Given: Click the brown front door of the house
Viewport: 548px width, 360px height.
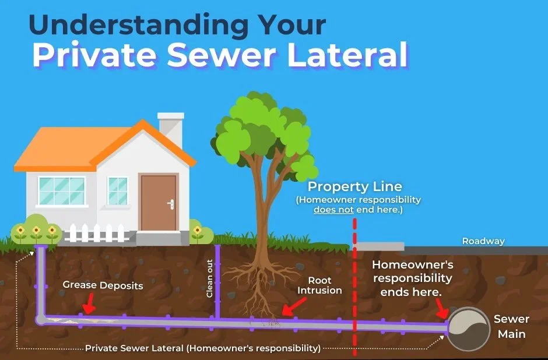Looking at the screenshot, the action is tap(159, 202).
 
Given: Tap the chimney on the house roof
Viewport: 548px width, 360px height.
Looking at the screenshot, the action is tap(170, 129).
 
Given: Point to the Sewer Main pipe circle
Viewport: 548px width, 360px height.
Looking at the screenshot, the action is tap(469, 329).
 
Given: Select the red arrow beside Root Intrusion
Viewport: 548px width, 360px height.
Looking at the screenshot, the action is tap(293, 305).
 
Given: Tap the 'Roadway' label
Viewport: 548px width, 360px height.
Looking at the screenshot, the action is tap(483, 241).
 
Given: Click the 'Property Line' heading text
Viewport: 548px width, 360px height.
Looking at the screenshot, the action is tap(354, 187).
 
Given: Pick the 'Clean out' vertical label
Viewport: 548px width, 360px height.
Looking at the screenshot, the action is tap(210, 278).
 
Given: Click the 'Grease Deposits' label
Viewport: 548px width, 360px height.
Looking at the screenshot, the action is tap(103, 286).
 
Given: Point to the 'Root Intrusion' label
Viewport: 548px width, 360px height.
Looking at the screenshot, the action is tap(319, 285).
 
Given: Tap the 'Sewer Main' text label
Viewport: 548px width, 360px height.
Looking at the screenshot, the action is tap(511, 327).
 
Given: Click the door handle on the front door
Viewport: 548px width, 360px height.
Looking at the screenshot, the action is tap(171, 204).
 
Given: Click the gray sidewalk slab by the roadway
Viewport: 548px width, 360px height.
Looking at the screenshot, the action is tap(380, 246).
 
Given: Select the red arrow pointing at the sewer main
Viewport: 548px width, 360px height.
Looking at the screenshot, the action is tap(441, 306).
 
